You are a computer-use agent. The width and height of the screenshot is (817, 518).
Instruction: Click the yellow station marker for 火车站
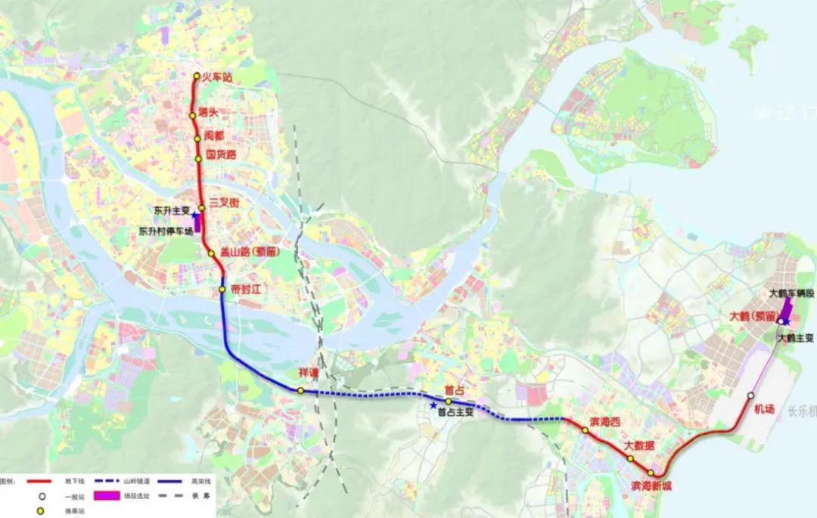197,76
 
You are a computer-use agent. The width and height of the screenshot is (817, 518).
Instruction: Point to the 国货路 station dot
199,159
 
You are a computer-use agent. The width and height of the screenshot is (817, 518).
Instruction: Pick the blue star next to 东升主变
196,216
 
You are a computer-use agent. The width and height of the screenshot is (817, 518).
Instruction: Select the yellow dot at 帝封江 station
222,290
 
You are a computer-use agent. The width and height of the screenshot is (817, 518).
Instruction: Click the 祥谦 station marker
300,391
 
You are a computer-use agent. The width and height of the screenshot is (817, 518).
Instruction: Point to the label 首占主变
455,413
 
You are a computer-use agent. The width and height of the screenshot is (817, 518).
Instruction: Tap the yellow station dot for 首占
448,402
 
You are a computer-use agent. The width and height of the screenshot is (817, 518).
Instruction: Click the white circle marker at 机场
750,396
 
